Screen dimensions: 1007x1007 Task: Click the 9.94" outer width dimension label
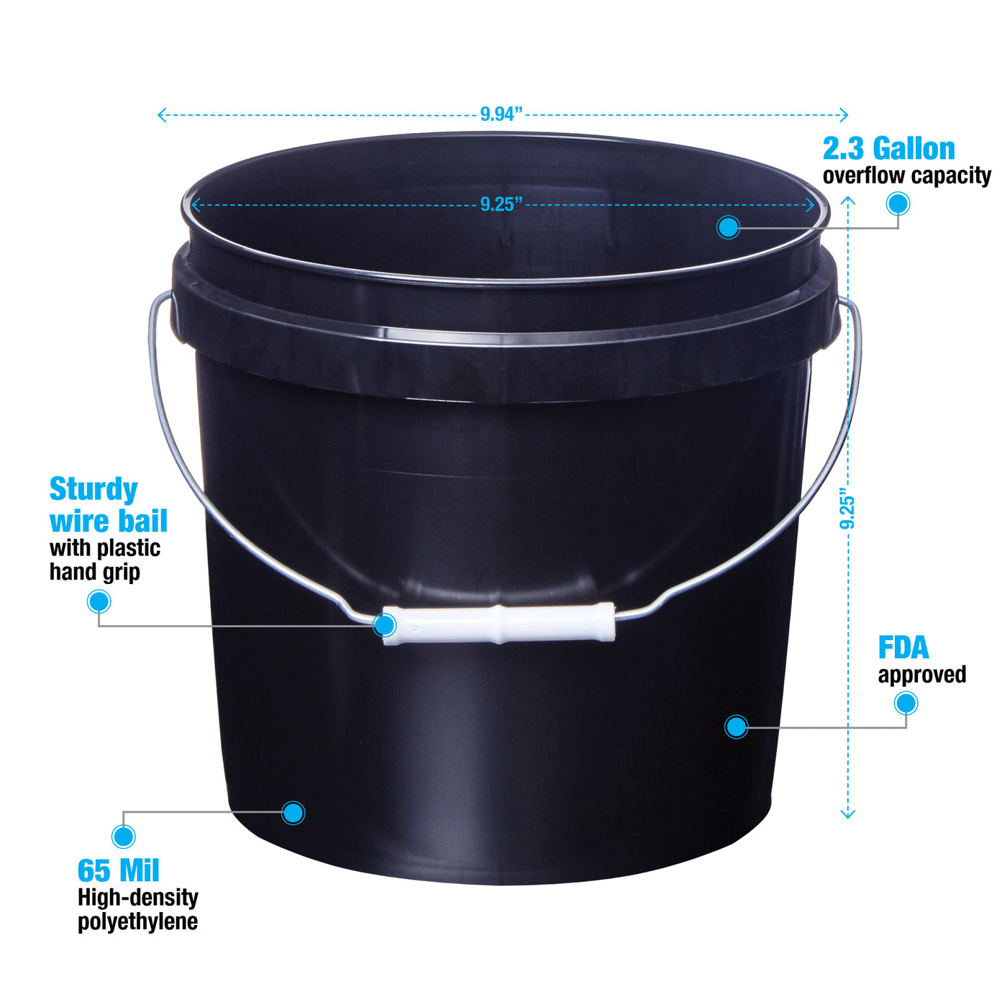(501, 114)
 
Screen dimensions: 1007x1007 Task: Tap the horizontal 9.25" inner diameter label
(501, 204)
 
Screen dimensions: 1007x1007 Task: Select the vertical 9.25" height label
(847, 509)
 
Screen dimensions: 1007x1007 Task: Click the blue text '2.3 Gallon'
(888, 148)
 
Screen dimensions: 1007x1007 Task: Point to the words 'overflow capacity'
(907, 176)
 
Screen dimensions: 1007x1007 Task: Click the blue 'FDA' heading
(903, 647)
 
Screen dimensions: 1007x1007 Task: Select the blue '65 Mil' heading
(118, 870)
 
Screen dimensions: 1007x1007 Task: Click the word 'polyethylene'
(138, 921)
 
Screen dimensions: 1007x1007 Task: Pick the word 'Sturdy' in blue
(94, 490)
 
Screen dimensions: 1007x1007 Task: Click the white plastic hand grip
(499, 624)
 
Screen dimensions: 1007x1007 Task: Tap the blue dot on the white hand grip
(385, 625)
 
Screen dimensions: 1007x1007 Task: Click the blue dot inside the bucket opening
(728, 227)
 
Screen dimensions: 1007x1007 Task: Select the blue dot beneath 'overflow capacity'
(898, 204)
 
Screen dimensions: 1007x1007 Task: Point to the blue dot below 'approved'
(906, 703)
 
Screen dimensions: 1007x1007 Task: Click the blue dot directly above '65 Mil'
(123, 836)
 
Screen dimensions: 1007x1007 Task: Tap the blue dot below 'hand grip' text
(99, 601)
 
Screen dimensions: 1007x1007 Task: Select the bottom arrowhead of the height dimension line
(847, 814)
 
